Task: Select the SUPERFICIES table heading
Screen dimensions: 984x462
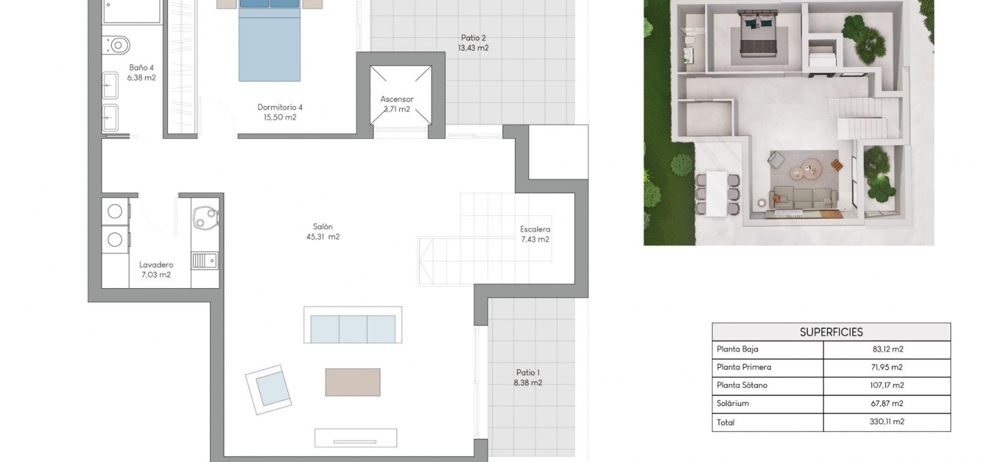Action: [831, 332]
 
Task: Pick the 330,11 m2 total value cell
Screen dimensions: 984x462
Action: [887, 421]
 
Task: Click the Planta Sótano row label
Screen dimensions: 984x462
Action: [742, 385]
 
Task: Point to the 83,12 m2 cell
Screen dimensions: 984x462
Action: [888, 349]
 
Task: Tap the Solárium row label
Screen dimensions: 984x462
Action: [733, 403]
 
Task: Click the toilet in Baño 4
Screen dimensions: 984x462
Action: [117, 45]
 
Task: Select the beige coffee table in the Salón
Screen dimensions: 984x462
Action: [353, 382]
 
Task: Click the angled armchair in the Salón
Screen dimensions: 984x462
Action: [268, 390]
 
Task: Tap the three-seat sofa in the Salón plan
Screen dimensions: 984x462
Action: [353, 325]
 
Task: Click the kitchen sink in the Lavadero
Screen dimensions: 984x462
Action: [205, 261]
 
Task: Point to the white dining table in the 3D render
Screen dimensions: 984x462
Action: [717, 193]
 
